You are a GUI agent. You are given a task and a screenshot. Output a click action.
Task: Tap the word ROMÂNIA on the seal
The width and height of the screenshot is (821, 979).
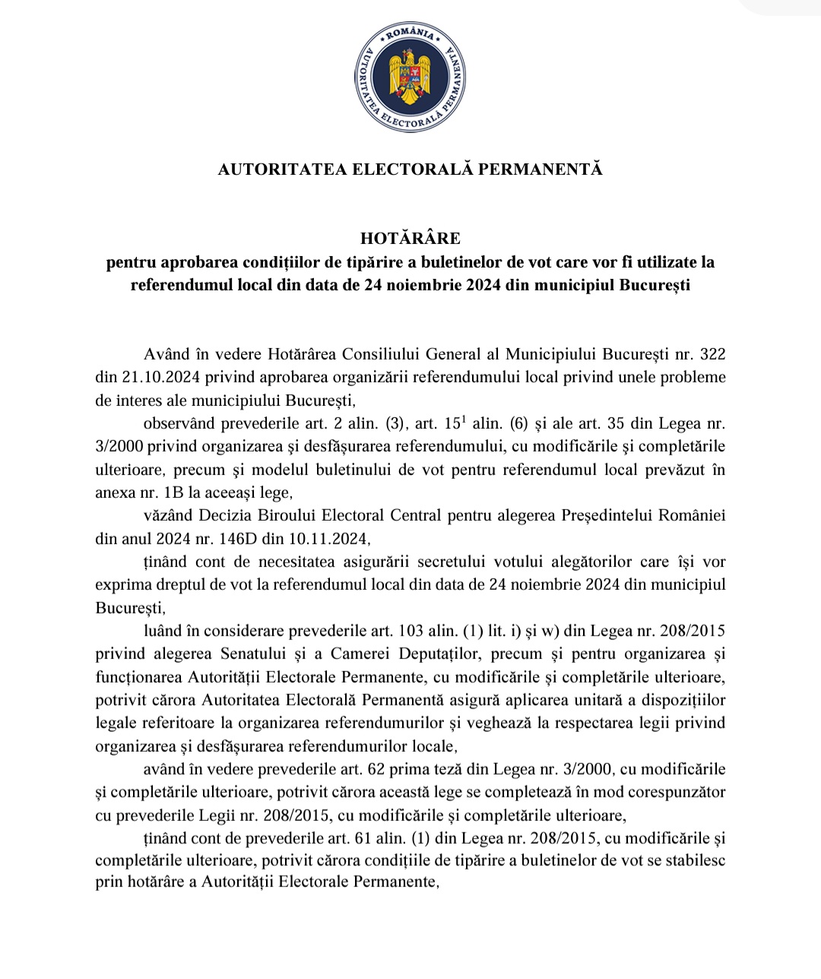410,34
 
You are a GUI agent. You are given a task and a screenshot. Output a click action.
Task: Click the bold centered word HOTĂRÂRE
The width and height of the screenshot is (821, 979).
410,238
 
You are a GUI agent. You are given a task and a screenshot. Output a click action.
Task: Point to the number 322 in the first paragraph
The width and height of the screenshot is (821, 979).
712,353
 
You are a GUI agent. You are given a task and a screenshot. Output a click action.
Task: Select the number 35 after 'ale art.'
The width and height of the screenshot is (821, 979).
613,423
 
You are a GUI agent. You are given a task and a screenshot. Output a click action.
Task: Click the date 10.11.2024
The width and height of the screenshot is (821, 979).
328,539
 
